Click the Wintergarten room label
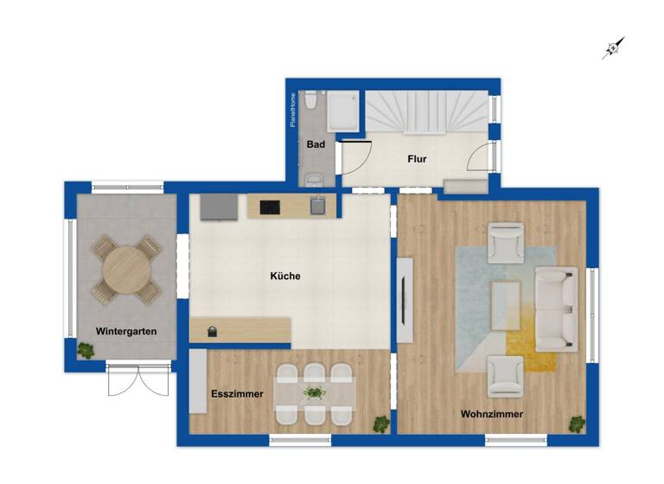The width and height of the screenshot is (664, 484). click(126, 331)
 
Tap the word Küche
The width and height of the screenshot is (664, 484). click(285, 277)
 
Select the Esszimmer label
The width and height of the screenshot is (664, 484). click(237, 394)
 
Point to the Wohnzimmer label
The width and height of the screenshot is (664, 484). click(491, 415)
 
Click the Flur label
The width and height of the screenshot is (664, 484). click(418, 159)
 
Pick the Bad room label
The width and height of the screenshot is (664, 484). click(316, 144)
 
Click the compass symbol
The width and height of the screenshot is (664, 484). click(613, 48)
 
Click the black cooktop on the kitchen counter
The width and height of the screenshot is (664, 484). click(269, 207)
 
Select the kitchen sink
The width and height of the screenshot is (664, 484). click(319, 205)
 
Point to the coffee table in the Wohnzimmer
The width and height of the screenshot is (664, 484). click(506, 306)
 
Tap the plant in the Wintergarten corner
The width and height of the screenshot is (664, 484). click(86, 350)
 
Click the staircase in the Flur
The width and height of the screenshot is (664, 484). click(425, 111)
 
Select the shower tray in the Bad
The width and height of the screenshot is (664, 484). click(343, 110)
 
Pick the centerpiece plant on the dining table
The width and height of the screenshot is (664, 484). click(315, 393)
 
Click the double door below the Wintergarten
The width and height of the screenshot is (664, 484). click(138, 380)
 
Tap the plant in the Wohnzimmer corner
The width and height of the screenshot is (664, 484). click(576, 423)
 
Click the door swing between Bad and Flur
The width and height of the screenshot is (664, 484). click(354, 157)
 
